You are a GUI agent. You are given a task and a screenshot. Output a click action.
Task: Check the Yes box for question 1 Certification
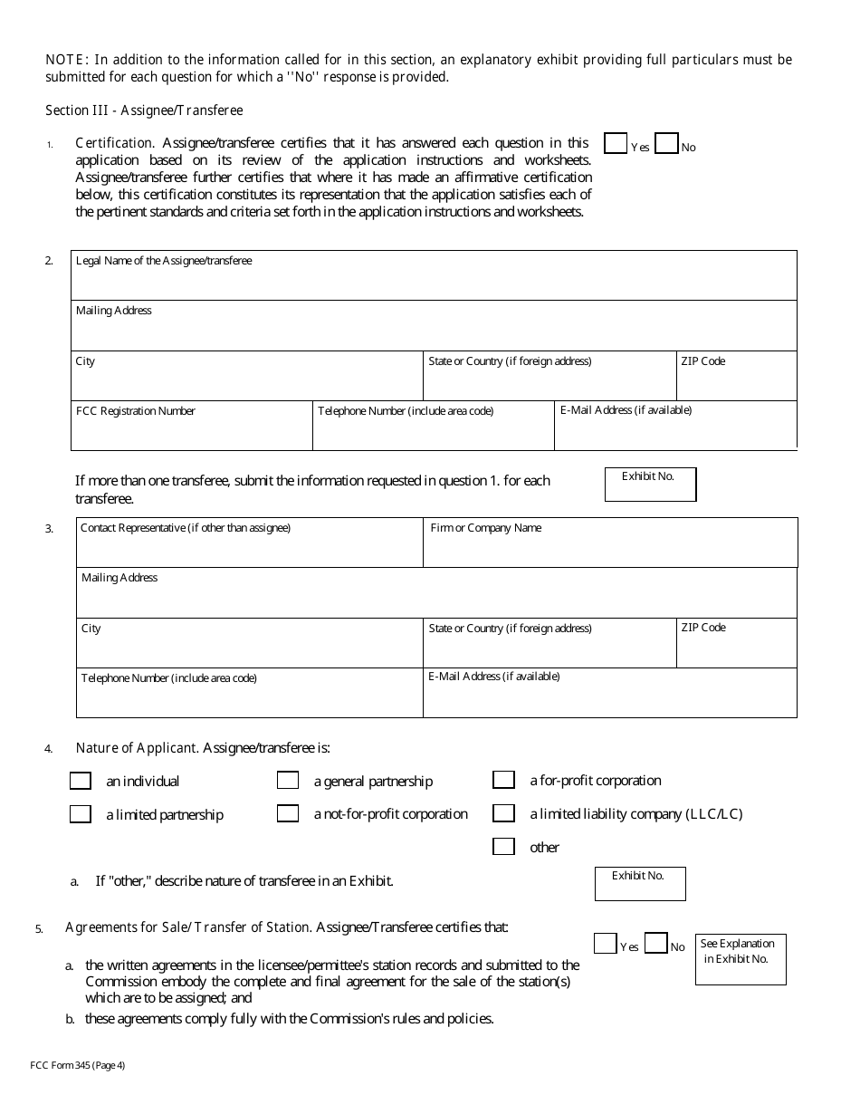click(616, 144)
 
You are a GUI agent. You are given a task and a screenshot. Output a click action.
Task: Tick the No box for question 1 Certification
click(666, 144)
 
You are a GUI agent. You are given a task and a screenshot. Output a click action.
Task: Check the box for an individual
click(81, 781)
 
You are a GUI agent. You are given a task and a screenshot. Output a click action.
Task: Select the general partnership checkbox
click(288, 781)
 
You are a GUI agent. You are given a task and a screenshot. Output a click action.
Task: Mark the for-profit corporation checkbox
click(503, 780)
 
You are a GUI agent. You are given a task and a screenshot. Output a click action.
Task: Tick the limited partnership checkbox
click(81, 814)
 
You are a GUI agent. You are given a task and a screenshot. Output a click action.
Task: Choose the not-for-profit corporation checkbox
click(288, 813)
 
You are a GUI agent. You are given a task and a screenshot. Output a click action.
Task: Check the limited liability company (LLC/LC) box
click(503, 813)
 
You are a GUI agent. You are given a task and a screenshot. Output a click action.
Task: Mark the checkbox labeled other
click(503, 847)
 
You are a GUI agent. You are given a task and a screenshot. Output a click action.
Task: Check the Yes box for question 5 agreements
click(605, 944)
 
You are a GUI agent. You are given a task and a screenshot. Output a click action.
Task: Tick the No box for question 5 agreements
click(656, 944)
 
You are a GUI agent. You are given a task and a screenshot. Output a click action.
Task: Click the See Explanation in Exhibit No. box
click(741, 959)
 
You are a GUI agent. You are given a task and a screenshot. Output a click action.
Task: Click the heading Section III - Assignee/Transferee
click(145, 110)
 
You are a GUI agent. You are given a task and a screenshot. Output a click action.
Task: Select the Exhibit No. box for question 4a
click(640, 884)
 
